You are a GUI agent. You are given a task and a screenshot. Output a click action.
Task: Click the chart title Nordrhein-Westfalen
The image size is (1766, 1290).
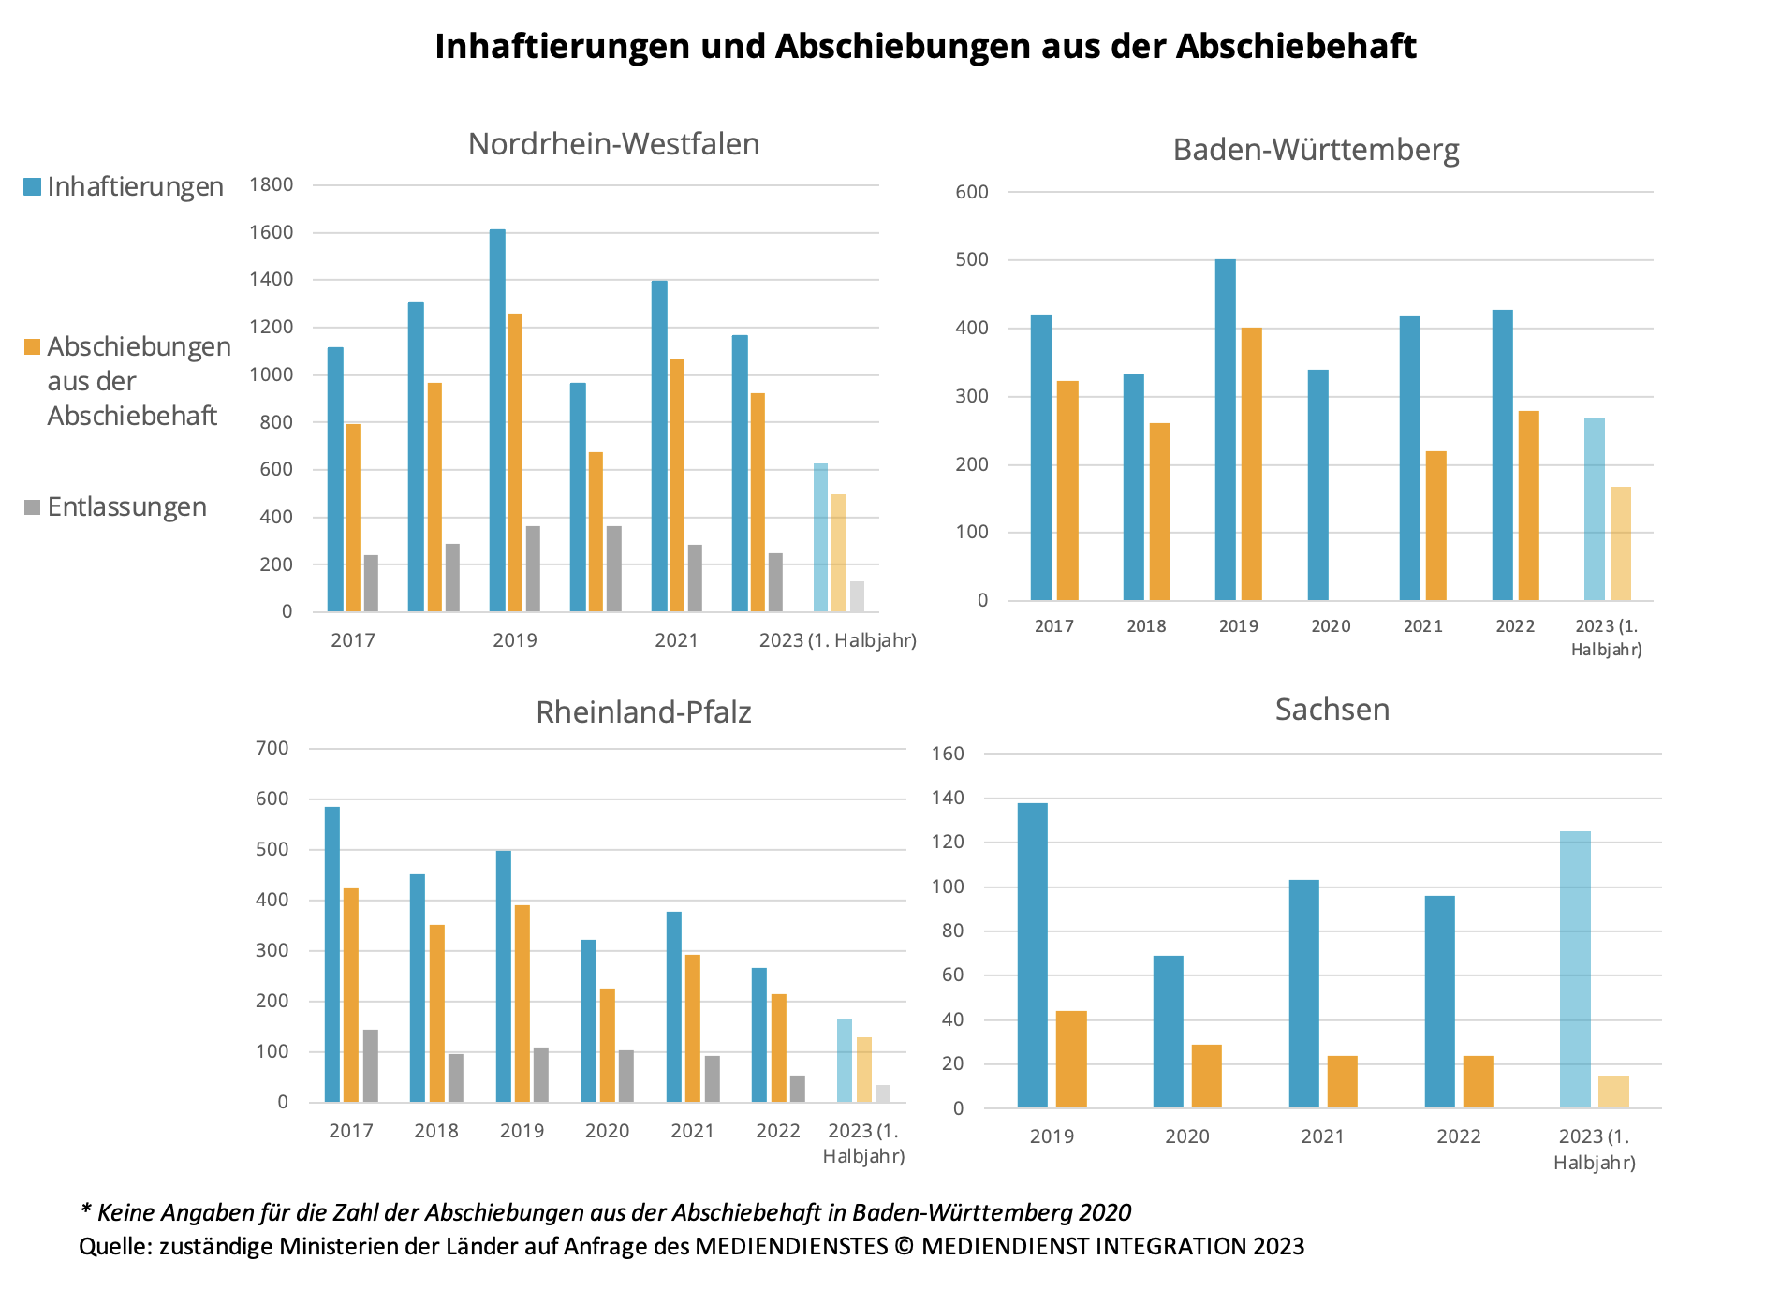pyautogui.click(x=613, y=144)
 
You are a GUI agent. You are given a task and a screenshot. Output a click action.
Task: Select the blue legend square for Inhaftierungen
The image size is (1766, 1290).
pyautogui.click(x=33, y=186)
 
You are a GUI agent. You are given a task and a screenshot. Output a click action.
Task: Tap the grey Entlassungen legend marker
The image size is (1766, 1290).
pyautogui.click(x=33, y=507)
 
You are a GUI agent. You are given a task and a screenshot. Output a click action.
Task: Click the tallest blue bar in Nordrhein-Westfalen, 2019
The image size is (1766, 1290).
pyautogui.click(x=497, y=421)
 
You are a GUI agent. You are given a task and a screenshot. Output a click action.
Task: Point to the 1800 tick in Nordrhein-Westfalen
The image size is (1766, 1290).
pyautogui.click(x=272, y=184)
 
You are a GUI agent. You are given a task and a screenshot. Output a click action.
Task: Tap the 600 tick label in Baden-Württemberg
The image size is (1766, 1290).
pyautogui.click(x=972, y=192)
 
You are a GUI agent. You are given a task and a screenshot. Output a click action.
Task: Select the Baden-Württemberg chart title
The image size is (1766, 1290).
pyautogui.click(x=1316, y=150)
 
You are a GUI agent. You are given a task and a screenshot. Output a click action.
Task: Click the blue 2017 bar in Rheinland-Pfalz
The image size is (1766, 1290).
pyautogui.click(x=332, y=955)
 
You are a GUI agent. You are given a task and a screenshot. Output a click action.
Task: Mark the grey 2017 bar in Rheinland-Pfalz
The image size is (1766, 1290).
pyautogui.click(x=371, y=1066)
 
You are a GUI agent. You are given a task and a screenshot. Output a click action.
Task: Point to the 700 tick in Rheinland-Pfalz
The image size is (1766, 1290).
pyautogui.click(x=272, y=748)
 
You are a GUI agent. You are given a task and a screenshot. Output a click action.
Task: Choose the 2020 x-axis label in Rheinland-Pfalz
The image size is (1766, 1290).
pyautogui.click(x=607, y=1131)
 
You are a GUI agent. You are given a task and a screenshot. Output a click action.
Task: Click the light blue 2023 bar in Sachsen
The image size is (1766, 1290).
pyautogui.click(x=1575, y=970)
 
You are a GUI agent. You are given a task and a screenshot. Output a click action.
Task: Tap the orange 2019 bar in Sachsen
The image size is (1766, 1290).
pyautogui.click(x=1071, y=1060)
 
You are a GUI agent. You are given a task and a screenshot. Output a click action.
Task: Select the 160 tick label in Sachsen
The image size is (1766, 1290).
pyautogui.click(x=948, y=754)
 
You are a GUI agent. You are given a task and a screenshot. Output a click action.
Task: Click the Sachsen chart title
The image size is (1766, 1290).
pyautogui.click(x=1332, y=710)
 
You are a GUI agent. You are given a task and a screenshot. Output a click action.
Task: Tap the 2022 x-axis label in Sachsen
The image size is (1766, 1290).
pyautogui.click(x=1459, y=1136)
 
